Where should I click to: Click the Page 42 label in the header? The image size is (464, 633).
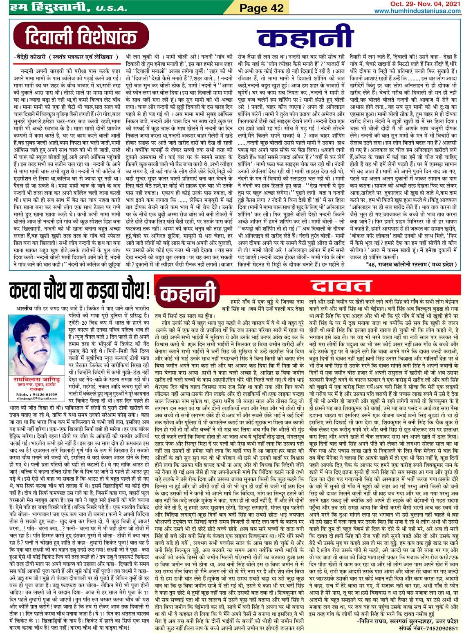click(x=261, y=7)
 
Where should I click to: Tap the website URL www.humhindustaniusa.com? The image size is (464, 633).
click(x=417, y=11)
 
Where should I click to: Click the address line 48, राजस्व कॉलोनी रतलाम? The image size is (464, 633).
click(x=411, y=264)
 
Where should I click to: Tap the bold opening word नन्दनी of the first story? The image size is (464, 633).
click(x=27, y=71)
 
